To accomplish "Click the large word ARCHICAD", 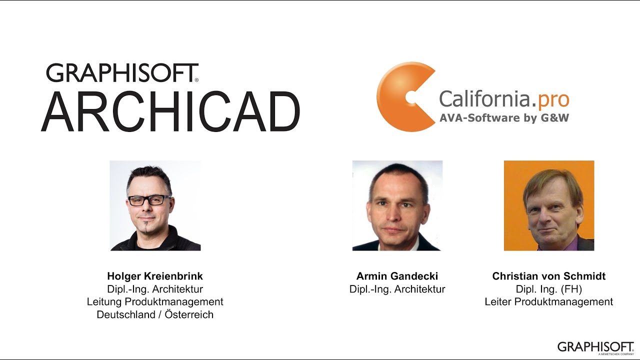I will point(170,111).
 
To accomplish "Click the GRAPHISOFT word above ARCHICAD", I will point(122,73).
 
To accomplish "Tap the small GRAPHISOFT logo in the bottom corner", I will point(595,346).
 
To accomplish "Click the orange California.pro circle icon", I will point(402,97).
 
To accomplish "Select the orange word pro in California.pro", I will point(553,99).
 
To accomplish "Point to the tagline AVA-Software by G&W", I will point(504,118).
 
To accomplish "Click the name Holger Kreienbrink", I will point(155,276).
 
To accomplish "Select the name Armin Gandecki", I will point(397,276).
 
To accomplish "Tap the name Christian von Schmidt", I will point(549,276).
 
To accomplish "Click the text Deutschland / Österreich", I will point(155,314).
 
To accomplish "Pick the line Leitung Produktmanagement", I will point(155,301).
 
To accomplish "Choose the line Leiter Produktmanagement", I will point(549,301).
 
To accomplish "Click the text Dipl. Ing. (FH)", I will point(549,289).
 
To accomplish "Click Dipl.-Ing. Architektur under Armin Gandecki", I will point(397,289).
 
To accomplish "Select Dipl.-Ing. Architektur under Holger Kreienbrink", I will point(155,289).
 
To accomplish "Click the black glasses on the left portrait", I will point(149,200).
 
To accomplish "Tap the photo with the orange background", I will point(549,205).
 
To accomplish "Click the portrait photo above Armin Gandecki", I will point(397,205).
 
